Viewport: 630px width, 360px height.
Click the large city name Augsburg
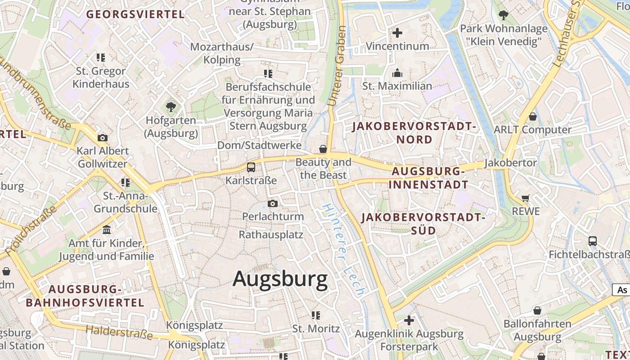click(x=280, y=279)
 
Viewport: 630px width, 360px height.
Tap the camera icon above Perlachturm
click(x=272, y=203)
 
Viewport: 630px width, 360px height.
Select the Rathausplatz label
click(x=271, y=234)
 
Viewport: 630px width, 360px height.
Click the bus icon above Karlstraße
click(x=251, y=167)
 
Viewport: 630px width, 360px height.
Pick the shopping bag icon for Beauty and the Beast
click(x=323, y=148)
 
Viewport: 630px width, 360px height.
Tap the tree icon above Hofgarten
click(x=171, y=107)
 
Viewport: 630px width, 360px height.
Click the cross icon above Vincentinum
click(x=397, y=33)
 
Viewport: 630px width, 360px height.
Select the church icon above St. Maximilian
click(x=397, y=73)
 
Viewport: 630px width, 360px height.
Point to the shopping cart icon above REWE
click(x=525, y=198)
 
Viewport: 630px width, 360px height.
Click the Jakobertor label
click(x=510, y=162)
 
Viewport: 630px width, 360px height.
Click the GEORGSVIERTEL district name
click(x=135, y=14)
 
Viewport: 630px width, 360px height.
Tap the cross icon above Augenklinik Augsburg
click(x=409, y=320)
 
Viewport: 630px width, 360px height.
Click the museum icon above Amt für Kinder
click(x=107, y=230)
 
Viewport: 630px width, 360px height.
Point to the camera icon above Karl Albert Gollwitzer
click(x=103, y=138)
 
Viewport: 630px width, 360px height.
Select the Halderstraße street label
click(x=119, y=332)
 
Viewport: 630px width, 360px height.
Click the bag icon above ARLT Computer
click(x=533, y=117)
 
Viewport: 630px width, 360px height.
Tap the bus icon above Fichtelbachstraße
click(x=593, y=241)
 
